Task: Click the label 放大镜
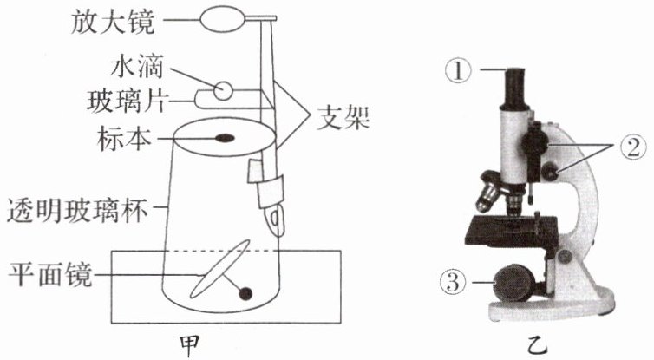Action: pyautogui.click(x=113, y=22)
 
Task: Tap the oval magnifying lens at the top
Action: pyautogui.click(x=221, y=19)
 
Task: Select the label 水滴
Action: pyautogui.click(x=136, y=67)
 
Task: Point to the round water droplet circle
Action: pyautogui.click(x=223, y=90)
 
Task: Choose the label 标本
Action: pyautogui.click(x=124, y=139)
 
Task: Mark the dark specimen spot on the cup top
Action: pyautogui.click(x=225, y=138)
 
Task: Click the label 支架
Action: pyautogui.click(x=343, y=117)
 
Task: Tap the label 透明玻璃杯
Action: pyautogui.click(x=78, y=211)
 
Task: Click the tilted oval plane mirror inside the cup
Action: pyautogui.click(x=219, y=269)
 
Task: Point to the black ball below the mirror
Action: pyautogui.click(x=245, y=293)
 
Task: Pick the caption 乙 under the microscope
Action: pyautogui.click(x=537, y=345)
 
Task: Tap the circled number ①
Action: pyautogui.click(x=458, y=70)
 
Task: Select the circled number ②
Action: pyautogui.click(x=632, y=147)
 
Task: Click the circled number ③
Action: pyautogui.click(x=453, y=283)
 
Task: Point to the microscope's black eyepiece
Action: pyautogui.click(x=516, y=88)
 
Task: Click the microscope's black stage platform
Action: pyautogui.click(x=511, y=231)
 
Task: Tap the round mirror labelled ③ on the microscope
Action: pyautogui.click(x=513, y=283)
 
